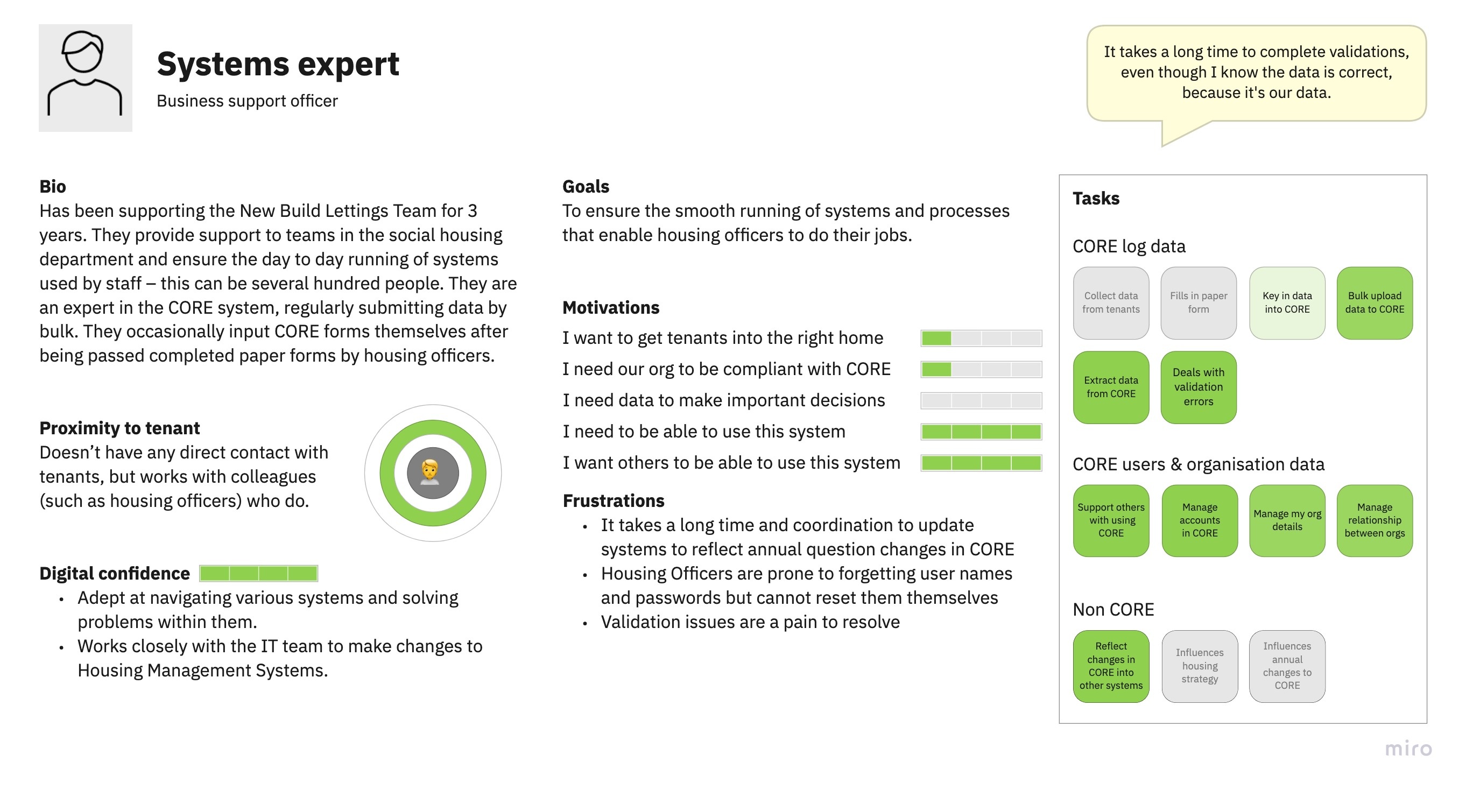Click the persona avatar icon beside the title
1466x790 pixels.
pyautogui.click(x=86, y=77)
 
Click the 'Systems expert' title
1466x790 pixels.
pyautogui.click(x=278, y=63)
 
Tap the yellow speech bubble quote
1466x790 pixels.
pyautogui.click(x=1256, y=73)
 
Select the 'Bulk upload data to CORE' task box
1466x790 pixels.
pyautogui.click(x=1375, y=303)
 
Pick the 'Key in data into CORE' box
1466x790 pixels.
pyautogui.click(x=1287, y=303)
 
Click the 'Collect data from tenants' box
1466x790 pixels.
pyautogui.click(x=1111, y=303)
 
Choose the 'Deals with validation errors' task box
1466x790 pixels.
pyautogui.click(x=1199, y=387)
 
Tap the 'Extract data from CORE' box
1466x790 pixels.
pyautogui.click(x=1111, y=387)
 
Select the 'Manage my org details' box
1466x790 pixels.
pyautogui.click(x=1287, y=521)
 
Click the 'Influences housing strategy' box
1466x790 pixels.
pyautogui.click(x=1200, y=666)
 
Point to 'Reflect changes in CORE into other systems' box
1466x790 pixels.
pyautogui.click(x=1111, y=666)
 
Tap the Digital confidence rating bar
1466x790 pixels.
pyautogui.click(x=258, y=573)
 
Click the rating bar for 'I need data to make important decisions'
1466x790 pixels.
pyautogui.click(x=981, y=401)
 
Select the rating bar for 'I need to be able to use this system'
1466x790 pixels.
pyautogui.click(x=981, y=432)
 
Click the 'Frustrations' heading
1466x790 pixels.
pyautogui.click(x=614, y=500)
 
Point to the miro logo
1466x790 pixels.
pyautogui.click(x=1408, y=748)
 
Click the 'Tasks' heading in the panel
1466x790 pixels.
pyautogui.click(x=1096, y=198)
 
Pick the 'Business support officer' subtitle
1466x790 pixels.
pyautogui.click(x=247, y=101)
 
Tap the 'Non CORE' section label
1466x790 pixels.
pyautogui.click(x=1113, y=610)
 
